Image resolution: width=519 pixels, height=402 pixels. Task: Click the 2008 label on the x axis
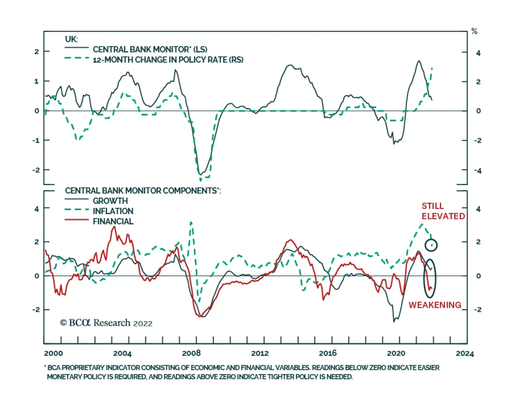[x=191, y=353]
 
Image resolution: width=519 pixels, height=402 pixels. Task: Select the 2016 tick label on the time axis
[x=328, y=353]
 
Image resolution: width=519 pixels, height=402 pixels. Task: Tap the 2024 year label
[x=465, y=353]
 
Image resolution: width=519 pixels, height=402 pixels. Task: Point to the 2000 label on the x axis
[x=53, y=353]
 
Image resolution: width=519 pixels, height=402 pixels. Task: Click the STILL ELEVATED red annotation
[x=443, y=211]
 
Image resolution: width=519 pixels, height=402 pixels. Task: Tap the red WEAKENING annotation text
[x=435, y=305]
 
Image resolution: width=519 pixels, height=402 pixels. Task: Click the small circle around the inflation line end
[x=431, y=245]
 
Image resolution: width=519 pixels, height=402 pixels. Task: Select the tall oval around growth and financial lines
[x=430, y=278]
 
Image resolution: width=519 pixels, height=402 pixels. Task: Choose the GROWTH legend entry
[x=110, y=201]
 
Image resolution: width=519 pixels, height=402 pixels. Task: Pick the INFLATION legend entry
[x=113, y=211]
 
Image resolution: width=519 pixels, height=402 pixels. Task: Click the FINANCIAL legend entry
[x=113, y=221]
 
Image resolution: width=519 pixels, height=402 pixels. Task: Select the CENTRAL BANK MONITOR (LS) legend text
[x=150, y=49]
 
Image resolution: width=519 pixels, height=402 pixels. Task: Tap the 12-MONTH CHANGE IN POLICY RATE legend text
[x=168, y=60]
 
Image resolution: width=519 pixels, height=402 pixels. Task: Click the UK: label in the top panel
[x=71, y=39]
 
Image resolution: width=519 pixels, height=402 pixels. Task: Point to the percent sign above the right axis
[x=474, y=31]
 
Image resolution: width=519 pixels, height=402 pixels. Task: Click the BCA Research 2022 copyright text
[x=106, y=323]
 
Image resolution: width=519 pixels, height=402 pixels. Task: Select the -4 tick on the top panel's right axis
[x=477, y=171]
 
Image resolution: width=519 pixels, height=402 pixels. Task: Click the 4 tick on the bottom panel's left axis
[x=37, y=209]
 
